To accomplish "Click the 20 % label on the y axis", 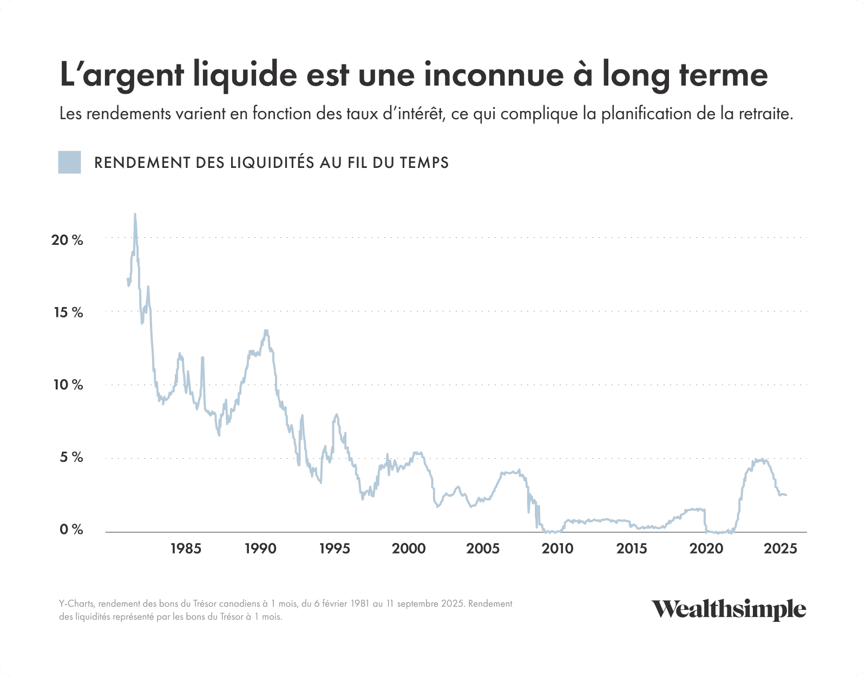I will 67,240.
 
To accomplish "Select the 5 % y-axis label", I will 70,458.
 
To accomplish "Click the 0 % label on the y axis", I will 70,530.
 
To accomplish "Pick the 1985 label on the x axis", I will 186,549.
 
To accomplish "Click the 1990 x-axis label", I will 260,549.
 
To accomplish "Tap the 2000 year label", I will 409,549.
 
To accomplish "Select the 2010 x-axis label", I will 557,549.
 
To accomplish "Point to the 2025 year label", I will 780,549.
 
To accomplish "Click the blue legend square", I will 69,162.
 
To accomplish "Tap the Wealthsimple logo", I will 729,609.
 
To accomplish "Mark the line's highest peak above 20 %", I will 135,214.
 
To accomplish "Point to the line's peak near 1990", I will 266,330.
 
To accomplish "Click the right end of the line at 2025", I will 786,495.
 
